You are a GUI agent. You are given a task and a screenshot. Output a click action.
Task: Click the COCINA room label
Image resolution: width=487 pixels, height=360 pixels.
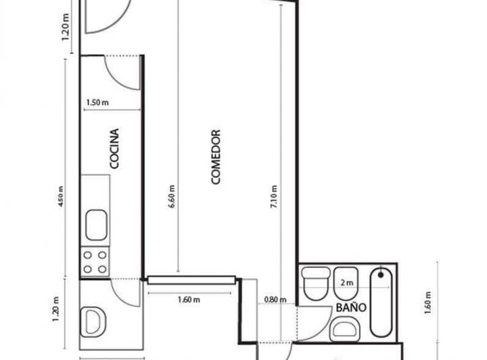pyautogui.click(x=114, y=149)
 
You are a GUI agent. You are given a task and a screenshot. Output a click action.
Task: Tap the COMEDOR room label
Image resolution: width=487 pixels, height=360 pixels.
pyautogui.click(x=216, y=157)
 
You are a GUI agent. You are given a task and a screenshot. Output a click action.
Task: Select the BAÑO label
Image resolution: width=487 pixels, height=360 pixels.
pyautogui.click(x=351, y=307)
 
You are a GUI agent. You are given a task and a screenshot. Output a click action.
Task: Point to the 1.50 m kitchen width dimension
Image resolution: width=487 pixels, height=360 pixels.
pyautogui.click(x=97, y=102)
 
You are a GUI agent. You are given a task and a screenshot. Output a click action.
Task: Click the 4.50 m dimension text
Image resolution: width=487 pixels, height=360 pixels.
pyautogui.click(x=61, y=196)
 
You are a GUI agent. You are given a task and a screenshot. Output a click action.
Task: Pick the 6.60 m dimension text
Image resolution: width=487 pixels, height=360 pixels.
pyautogui.click(x=171, y=196)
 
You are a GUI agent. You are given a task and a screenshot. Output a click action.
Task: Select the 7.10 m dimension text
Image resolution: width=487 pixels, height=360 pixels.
pyautogui.click(x=274, y=197)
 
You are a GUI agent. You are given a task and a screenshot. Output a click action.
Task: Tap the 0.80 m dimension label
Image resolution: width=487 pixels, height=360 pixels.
pyautogui.click(x=275, y=300)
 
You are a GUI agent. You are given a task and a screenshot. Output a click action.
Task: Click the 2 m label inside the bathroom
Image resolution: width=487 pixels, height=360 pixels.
pyautogui.click(x=347, y=283)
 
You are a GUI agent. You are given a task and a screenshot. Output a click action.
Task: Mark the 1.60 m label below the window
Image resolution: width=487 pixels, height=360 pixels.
pyautogui.click(x=189, y=300)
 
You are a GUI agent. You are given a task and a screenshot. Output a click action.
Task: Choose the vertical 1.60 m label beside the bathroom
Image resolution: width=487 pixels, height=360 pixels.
pyautogui.click(x=427, y=303)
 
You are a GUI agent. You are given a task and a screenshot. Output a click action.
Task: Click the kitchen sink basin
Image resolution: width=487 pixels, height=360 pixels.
pyautogui.click(x=96, y=225)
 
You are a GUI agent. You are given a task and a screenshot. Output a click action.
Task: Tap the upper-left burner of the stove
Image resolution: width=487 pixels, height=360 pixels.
pyautogui.click(x=87, y=255)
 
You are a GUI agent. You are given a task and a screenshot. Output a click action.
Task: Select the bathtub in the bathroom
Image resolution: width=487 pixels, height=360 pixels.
pyautogui.click(x=381, y=302)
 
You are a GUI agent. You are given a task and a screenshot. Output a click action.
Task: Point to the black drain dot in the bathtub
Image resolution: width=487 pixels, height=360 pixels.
pyautogui.click(x=381, y=275)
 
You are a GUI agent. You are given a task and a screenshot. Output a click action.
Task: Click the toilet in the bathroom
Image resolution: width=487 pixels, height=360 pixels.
pyautogui.click(x=316, y=284)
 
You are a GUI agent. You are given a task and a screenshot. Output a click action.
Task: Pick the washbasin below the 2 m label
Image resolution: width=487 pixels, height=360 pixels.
pyautogui.click(x=345, y=329)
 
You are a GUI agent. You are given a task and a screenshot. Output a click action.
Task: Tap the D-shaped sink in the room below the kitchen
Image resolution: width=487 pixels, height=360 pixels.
pyautogui.click(x=93, y=322)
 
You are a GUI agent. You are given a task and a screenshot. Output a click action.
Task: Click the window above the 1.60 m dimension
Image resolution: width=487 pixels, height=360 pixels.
pyautogui.click(x=191, y=280)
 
